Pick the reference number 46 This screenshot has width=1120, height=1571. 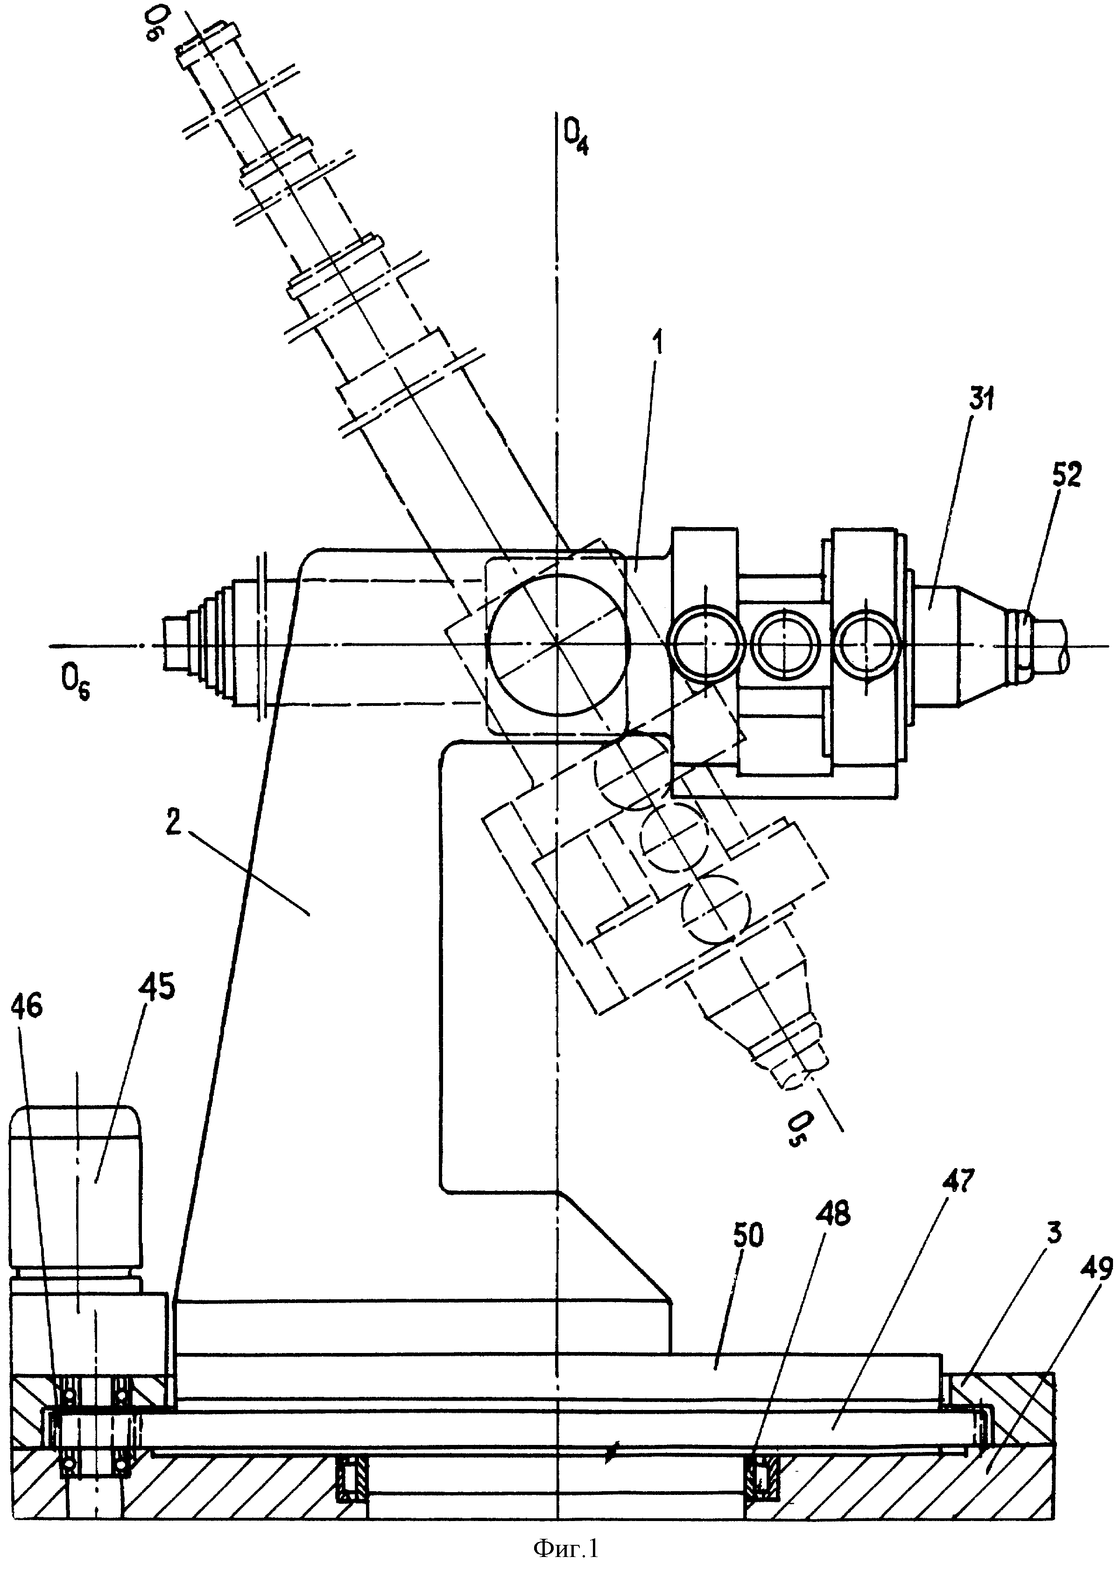coord(27,1009)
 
